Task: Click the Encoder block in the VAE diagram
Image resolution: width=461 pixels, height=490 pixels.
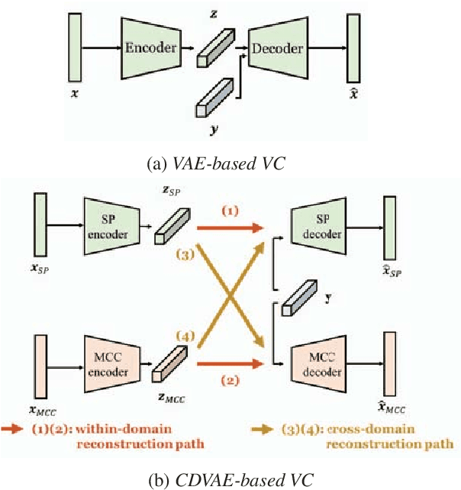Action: point(150,47)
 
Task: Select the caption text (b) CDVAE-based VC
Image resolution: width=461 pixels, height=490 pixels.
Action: point(230,479)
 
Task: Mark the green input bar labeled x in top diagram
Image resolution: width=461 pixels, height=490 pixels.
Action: point(75,47)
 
